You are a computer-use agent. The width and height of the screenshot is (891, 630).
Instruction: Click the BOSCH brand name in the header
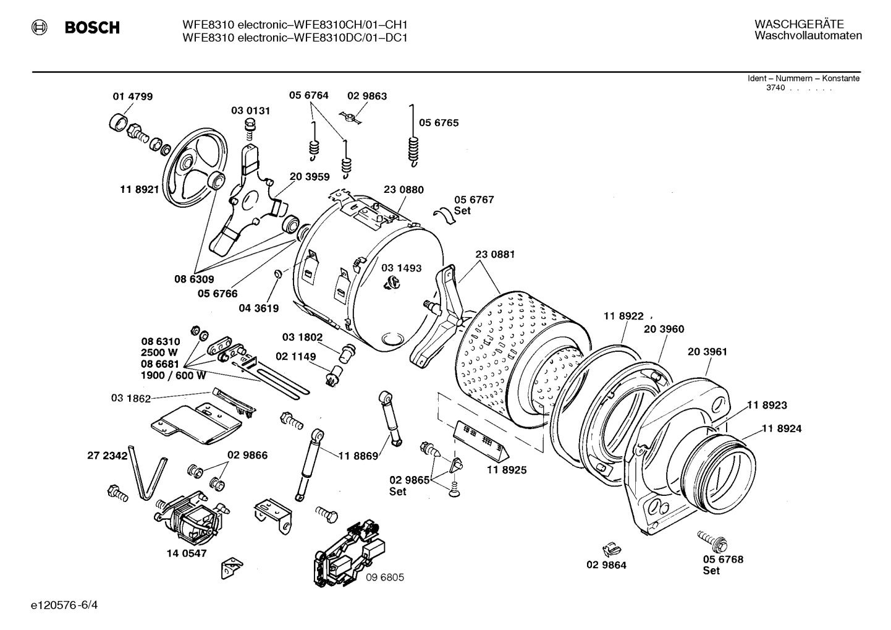(x=91, y=28)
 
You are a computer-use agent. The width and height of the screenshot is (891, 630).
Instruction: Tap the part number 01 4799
(x=132, y=96)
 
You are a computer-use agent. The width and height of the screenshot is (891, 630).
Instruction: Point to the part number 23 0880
(x=403, y=190)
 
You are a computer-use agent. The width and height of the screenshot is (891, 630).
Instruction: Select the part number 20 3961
(x=707, y=352)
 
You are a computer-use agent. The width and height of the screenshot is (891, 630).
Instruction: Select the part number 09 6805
(x=384, y=577)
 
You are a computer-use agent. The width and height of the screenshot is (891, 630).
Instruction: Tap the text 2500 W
(x=159, y=352)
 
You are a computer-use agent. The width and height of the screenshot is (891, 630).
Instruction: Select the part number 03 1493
(x=401, y=268)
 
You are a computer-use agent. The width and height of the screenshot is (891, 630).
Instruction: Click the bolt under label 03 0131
(x=250, y=129)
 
